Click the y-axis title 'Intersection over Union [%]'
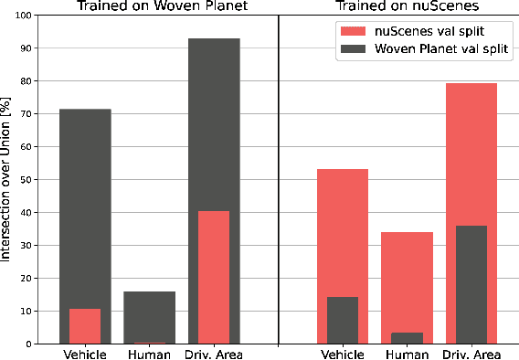pyautogui.click(x=7, y=179)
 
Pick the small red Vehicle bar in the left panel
pyautogui.click(x=85, y=326)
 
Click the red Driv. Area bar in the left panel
pyautogui.click(x=214, y=277)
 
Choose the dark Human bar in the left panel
pyautogui.click(x=150, y=315)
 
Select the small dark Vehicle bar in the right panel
pyautogui.click(x=343, y=320)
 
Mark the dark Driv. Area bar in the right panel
pyautogui.click(x=471, y=284)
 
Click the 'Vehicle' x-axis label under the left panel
pyautogui.click(x=85, y=354)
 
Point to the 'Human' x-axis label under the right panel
pyautogui.click(x=407, y=354)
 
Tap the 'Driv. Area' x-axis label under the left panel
pyautogui.click(x=214, y=354)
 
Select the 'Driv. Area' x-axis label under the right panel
pyautogui.click(x=471, y=354)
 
